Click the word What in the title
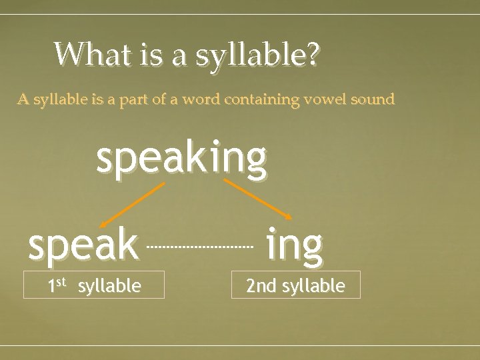(x=92, y=54)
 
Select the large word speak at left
(x=83, y=245)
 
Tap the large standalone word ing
(x=294, y=247)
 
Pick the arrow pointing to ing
(x=258, y=198)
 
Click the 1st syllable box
(x=94, y=285)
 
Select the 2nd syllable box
(x=295, y=285)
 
